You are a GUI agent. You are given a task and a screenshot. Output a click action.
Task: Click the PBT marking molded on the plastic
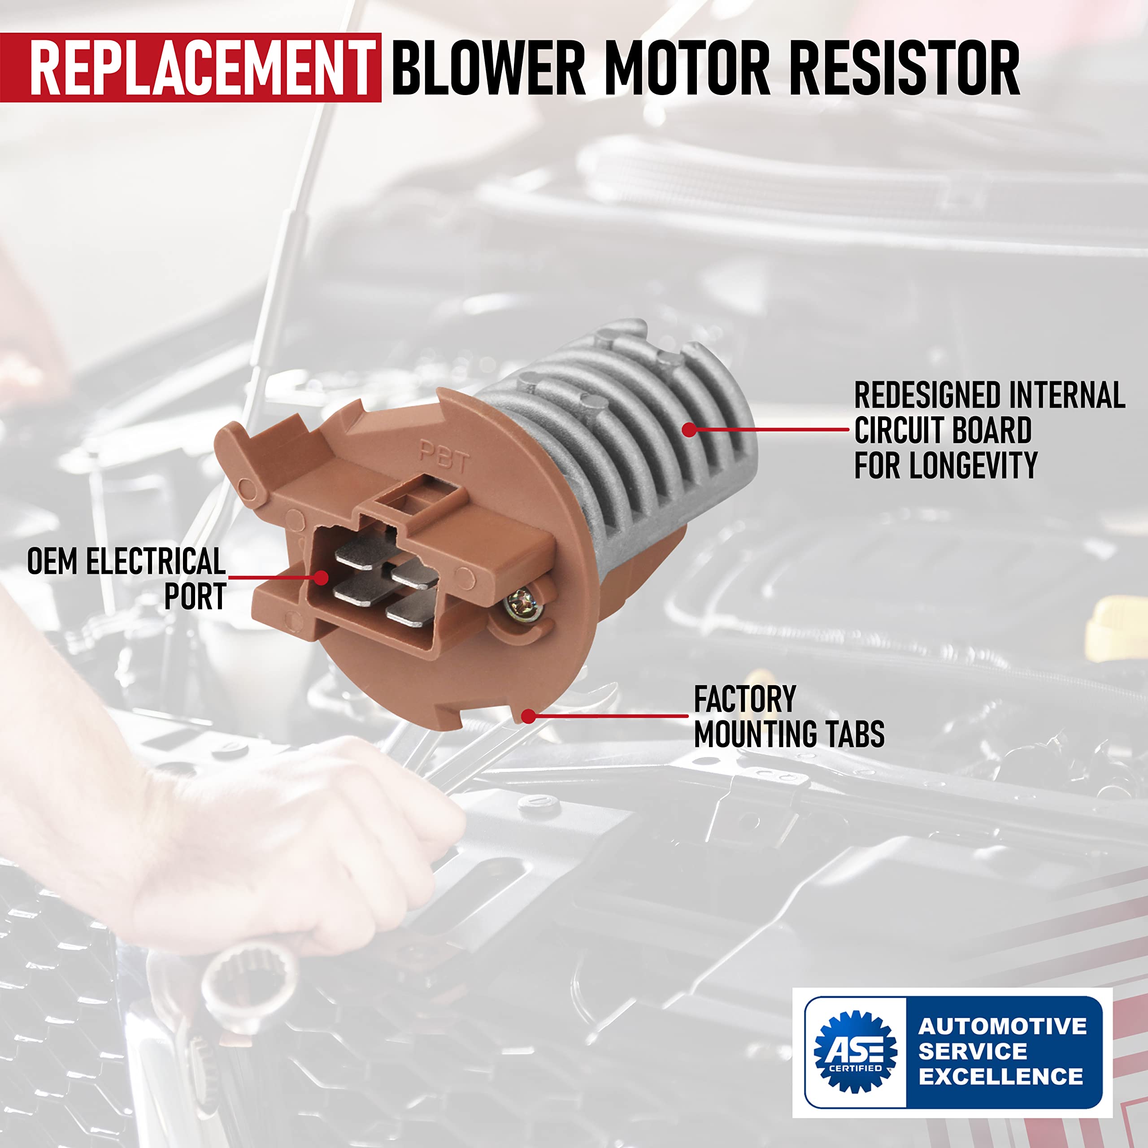tap(444, 457)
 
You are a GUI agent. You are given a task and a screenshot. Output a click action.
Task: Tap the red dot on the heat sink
tap(689, 429)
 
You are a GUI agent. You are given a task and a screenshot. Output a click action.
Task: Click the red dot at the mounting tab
tap(528, 716)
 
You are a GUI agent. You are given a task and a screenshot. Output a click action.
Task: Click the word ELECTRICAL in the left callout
tap(156, 561)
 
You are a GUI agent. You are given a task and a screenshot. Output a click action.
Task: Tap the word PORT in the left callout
tap(195, 596)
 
